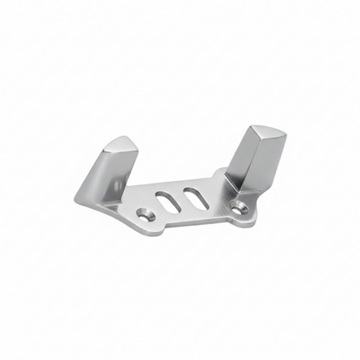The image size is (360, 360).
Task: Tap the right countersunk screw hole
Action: click(240, 206)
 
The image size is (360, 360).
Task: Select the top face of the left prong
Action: click(119, 144)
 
